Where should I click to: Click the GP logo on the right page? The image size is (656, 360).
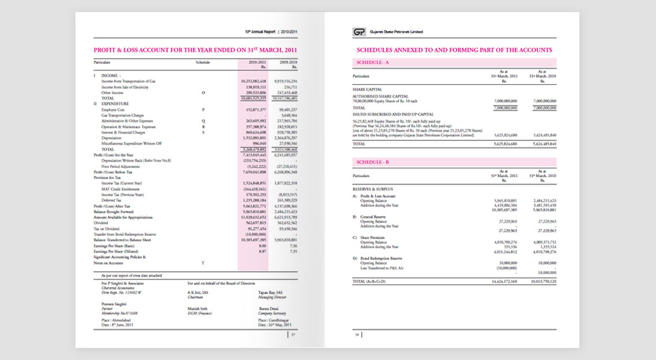pyautogui.click(x=361, y=32)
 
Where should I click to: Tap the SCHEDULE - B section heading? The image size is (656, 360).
pyautogui.click(x=373, y=162)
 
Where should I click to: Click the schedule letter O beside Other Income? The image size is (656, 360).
pyautogui.click(x=203, y=92)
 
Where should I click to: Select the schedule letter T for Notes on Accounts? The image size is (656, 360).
pyautogui.click(x=203, y=263)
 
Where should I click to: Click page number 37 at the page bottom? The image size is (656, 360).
pyautogui.click(x=293, y=334)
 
